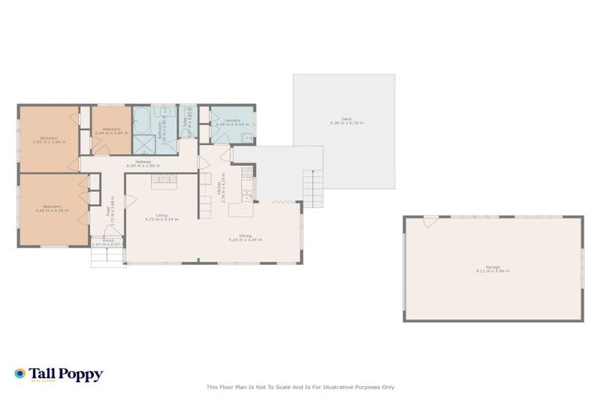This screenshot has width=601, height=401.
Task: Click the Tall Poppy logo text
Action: click(x=66, y=374)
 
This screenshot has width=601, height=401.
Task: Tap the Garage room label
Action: click(x=493, y=267)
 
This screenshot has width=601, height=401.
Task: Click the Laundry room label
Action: click(x=232, y=121)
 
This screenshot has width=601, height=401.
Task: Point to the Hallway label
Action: click(x=142, y=162)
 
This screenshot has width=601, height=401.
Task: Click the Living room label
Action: click(x=161, y=215)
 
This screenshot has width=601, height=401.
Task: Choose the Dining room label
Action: click(x=245, y=235)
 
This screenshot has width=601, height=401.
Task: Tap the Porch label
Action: click(x=107, y=240)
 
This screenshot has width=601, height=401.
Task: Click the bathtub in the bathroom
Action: click(x=143, y=121)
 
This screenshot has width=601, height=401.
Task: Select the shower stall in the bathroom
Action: click(x=143, y=143)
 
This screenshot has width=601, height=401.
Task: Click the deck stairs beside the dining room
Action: click(x=313, y=189)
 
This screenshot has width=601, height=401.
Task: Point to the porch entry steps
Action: click(x=107, y=258)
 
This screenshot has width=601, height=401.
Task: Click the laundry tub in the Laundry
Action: click(x=246, y=138)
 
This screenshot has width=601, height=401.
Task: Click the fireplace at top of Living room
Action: click(x=165, y=179)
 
